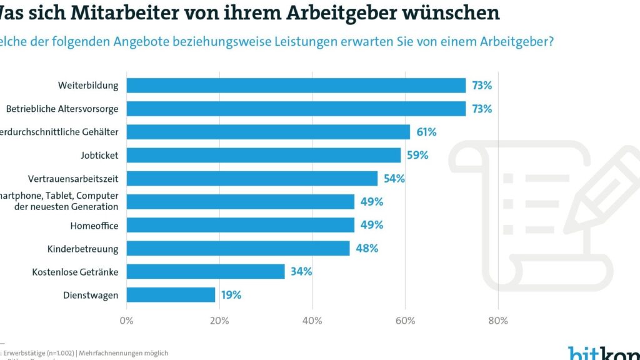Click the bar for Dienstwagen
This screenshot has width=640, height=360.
[x=171, y=295]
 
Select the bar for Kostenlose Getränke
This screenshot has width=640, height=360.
[x=206, y=271]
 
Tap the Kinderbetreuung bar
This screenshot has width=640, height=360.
[x=238, y=248]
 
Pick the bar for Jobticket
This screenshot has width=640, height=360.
[x=264, y=155]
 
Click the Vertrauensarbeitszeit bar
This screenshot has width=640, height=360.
[x=252, y=178]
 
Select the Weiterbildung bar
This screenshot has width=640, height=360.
[x=296, y=85]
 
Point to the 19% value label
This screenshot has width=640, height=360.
[x=231, y=295]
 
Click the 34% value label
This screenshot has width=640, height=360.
[x=301, y=271]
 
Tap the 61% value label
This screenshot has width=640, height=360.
[x=426, y=132]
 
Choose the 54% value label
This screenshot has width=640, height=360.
[x=394, y=178]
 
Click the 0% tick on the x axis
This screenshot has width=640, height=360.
[x=127, y=321]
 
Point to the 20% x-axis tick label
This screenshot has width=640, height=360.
[x=219, y=321]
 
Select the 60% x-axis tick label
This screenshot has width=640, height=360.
[x=405, y=321]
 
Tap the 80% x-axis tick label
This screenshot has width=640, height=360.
[x=497, y=321]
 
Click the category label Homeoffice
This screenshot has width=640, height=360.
[x=95, y=225]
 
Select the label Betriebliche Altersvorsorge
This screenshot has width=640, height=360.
[x=62, y=109]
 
